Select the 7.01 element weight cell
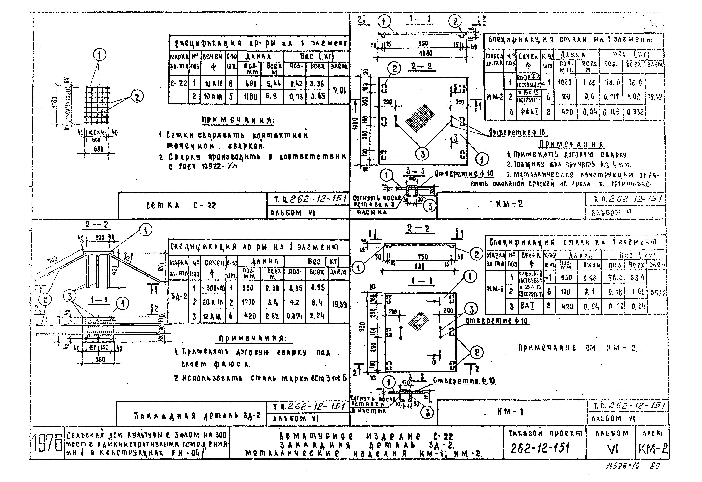[339, 90]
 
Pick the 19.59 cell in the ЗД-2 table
[339, 305]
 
